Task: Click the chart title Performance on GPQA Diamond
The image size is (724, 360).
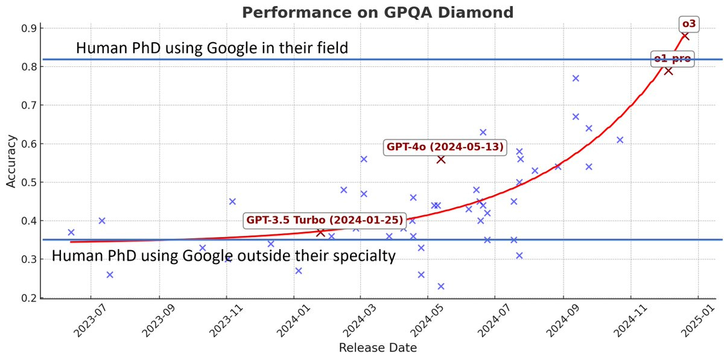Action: tap(378, 12)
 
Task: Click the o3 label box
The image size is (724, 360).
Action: tap(688, 24)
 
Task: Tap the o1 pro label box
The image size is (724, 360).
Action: tap(673, 59)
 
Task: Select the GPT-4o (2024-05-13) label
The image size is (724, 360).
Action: tap(445, 147)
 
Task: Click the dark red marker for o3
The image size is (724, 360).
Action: tap(685, 36)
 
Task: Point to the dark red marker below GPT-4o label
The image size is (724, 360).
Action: tap(441, 159)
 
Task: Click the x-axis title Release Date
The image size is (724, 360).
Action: tap(378, 348)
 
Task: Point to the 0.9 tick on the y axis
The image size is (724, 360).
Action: tap(29, 28)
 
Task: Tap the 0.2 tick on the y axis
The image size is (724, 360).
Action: tap(29, 298)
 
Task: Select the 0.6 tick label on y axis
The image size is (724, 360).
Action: tap(29, 144)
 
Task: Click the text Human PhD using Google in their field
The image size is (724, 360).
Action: tap(212, 48)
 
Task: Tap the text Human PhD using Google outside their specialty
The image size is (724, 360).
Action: tap(223, 256)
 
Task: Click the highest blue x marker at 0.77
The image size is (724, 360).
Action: tap(576, 78)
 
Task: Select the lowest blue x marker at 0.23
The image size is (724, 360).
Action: tap(441, 286)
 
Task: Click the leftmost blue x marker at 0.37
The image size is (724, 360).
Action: tap(71, 232)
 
